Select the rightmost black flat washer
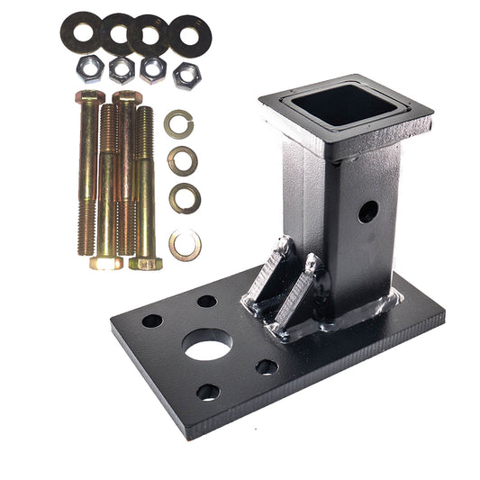pos(189,34)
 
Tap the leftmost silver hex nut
pos(89,68)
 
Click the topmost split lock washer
pos(177,123)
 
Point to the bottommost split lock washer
pos(186,244)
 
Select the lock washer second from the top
pos(182,160)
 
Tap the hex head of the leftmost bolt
pos(89,96)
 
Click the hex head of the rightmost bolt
pos(145,263)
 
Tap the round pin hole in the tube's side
pos(367,213)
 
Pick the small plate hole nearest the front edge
pos(208,392)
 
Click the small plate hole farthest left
pos(152,321)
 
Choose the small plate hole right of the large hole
pos(267,367)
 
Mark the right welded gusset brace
pos(299,292)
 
